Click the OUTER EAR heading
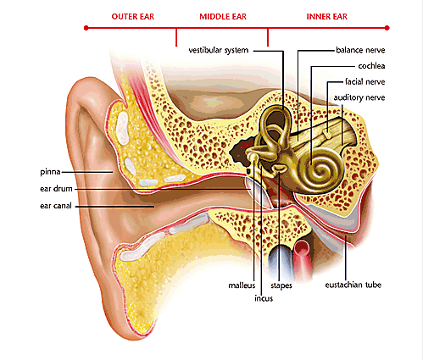click(133, 17)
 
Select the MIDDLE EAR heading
click(223, 17)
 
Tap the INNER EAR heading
click(327, 17)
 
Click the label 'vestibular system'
click(219, 50)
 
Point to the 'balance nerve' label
click(360, 50)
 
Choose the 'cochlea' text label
click(371, 66)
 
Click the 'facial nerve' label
click(365, 82)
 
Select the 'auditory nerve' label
click(359, 97)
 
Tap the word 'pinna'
click(50, 172)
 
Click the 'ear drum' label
click(56, 189)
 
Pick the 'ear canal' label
click(56, 206)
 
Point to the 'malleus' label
click(242, 285)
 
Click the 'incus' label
click(264, 298)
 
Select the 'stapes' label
click(281, 285)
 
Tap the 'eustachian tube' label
click(353, 285)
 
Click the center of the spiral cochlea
click(320, 170)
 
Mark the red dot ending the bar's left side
click(86, 28)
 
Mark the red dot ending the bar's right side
click(387, 28)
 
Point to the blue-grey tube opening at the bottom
click(281, 252)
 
